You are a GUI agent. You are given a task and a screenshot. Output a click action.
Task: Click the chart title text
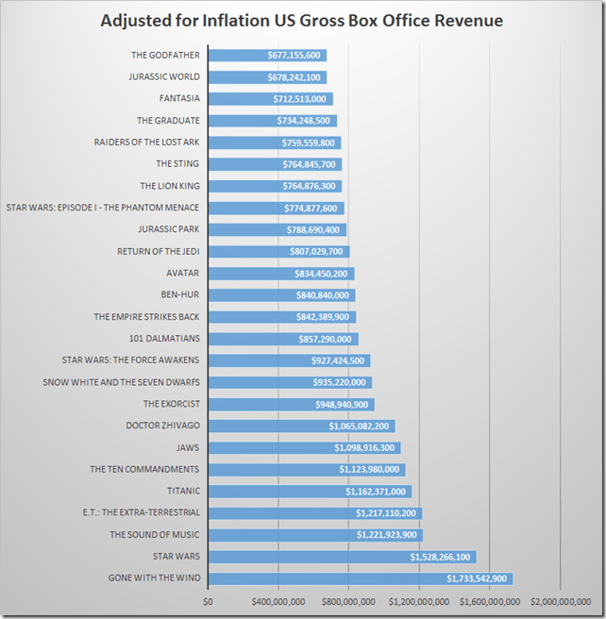click(302, 20)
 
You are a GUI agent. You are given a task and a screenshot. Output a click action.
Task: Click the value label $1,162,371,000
click(376, 492)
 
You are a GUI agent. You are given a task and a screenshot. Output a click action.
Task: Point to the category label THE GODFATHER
click(165, 56)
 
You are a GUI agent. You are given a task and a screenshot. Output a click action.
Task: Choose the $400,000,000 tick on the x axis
click(278, 600)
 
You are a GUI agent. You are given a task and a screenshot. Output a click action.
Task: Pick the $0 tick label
click(209, 600)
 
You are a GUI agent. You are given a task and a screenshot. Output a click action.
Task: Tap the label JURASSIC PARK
click(169, 229)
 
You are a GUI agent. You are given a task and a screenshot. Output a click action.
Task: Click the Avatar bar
click(245, 274)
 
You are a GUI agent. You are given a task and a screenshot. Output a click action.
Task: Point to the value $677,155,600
click(295, 56)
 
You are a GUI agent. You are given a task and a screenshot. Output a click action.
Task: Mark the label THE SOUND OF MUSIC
click(155, 535)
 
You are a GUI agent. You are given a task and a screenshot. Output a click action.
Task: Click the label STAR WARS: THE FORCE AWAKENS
click(130, 360)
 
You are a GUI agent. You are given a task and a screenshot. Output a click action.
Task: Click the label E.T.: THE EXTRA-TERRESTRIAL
click(141, 513)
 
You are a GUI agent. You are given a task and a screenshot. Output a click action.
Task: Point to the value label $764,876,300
click(311, 186)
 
